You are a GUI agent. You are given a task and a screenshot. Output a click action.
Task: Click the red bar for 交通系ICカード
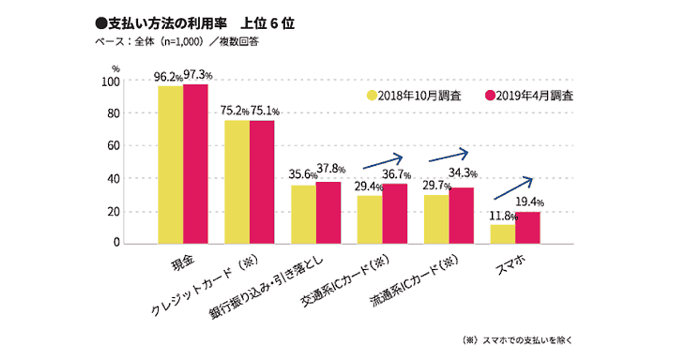click(x=394, y=214)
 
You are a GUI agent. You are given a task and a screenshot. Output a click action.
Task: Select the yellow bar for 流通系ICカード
click(x=436, y=219)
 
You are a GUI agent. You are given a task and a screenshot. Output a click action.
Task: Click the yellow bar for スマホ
click(x=502, y=234)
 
